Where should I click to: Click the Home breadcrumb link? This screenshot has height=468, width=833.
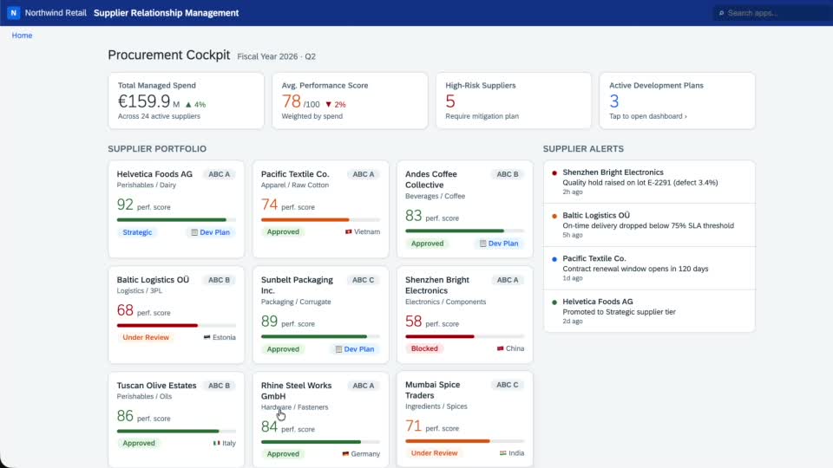tap(22, 36)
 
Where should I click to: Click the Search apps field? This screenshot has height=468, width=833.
tap(773, 13)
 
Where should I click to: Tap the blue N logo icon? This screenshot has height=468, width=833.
tap(13, 13)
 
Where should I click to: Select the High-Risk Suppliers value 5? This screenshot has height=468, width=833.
tap(450, 101)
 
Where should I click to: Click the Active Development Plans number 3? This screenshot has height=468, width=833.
tap(614, 101)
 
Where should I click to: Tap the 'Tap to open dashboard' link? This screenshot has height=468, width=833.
tap(647, 116)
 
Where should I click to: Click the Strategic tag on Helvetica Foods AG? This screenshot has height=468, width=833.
tap(137, 232)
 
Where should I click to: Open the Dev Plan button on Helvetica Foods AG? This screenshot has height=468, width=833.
tap(211, 232)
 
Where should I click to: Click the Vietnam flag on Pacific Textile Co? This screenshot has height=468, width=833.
tap(349, 232)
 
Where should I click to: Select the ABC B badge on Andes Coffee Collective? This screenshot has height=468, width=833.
tap(508, 174)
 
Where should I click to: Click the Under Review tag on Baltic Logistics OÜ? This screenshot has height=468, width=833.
tap(146, 337)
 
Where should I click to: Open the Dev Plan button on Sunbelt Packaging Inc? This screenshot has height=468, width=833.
tap(355, 349)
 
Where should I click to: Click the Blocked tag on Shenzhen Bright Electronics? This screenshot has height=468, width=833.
tap(424, 348)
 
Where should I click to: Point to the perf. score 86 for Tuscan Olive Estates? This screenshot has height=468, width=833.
tap(125, 416)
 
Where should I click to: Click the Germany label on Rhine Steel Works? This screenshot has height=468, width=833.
tap(365, 454)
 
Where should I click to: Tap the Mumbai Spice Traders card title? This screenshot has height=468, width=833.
tap(432, 390)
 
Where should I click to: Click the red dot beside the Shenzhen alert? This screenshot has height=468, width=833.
tap(554, 173)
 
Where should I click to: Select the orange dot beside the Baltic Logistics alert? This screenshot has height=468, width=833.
tap(554, 216)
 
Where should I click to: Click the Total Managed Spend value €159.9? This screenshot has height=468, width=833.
tap(144, 101)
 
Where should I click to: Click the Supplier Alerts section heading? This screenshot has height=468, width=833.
tap(583, 149)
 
